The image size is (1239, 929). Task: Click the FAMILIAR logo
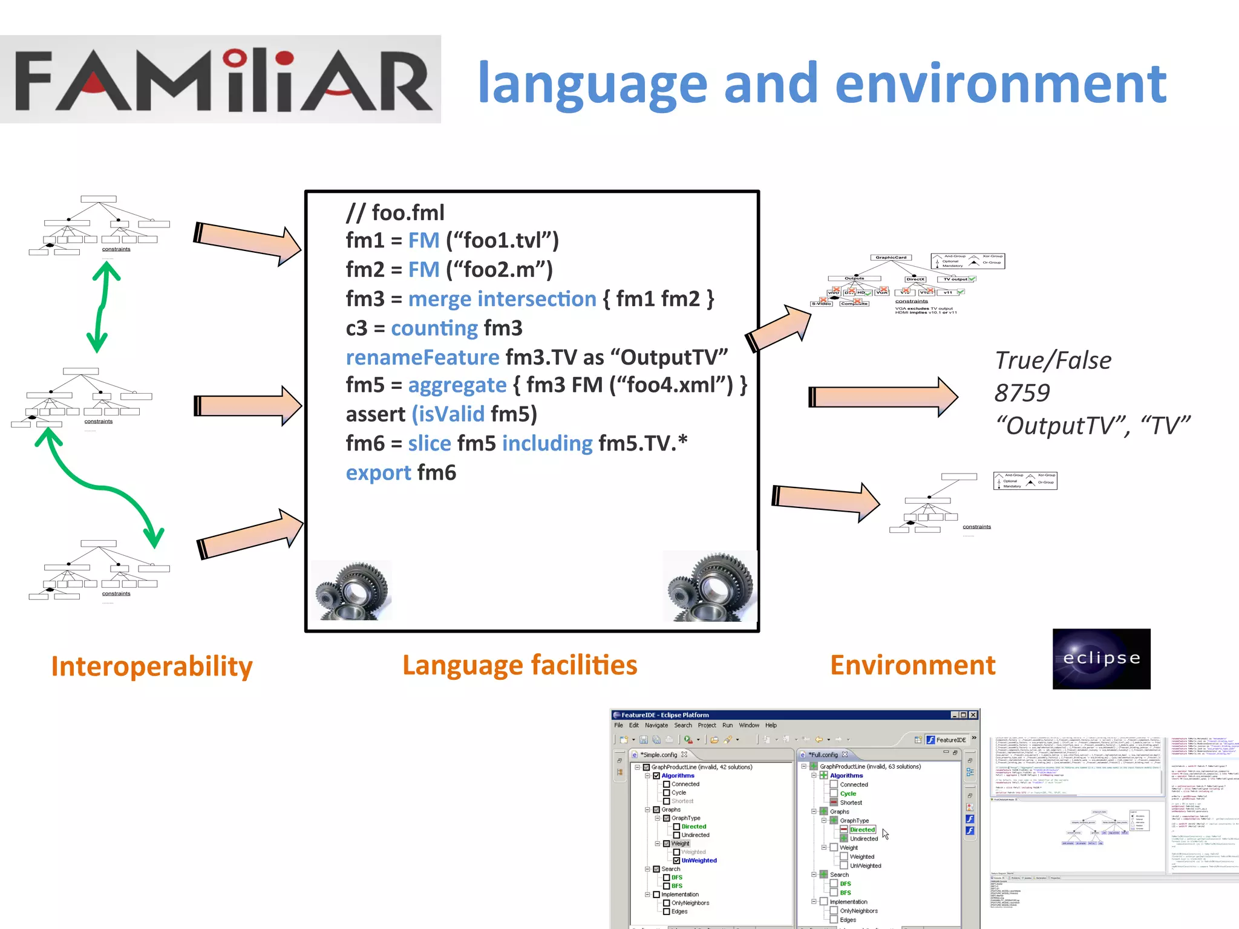click(x=221, y=79)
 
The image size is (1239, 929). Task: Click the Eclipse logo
click(x=1101, y=659)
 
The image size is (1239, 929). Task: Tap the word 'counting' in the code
click(x=434, y=328)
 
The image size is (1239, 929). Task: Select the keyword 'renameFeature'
click(x=422, y=357)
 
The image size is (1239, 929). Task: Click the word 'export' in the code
click(x=378, y=473)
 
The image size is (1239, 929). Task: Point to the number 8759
click(x=1022, y=393)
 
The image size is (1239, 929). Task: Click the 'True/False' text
click(x=1053, y=360)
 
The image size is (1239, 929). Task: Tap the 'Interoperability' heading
click(x=151, y=667)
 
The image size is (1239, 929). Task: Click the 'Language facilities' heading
click(x=520, y=665)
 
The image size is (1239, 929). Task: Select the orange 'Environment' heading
click(x=912, y=665)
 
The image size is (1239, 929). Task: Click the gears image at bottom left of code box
click(x=352, y=590)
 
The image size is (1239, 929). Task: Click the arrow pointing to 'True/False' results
click(x=883, y=397)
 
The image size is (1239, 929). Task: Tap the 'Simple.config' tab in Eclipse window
click(x=660, y=755)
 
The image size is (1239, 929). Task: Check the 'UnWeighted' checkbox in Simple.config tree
click(x=676, y=861)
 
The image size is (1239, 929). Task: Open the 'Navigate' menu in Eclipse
click(x=656, y=725)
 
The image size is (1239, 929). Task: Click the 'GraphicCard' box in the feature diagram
click(x=891, y=258)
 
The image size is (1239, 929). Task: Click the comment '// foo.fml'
click(x=395, y=213)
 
